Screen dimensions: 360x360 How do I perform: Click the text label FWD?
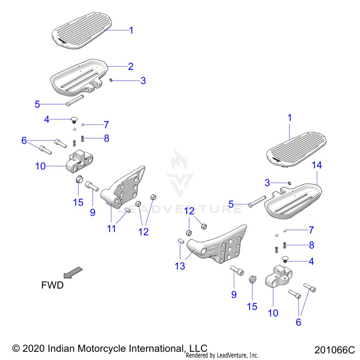(52, 285)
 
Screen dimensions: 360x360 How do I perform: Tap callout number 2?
(131, 66)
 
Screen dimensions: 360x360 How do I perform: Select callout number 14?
(317, 165)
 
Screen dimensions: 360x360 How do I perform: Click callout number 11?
(111, 229)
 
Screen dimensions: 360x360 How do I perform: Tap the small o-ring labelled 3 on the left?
(111, 81)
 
